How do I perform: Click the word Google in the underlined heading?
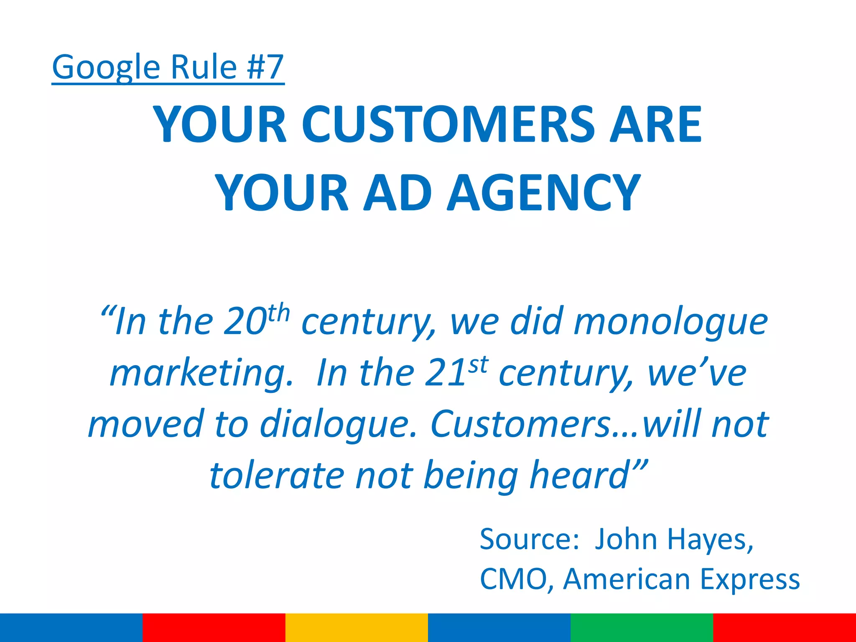(106, 68)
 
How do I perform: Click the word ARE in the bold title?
(655, 124)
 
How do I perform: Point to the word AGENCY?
(543, 193)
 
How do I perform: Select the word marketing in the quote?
(201, 373)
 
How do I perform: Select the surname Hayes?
(710, 540)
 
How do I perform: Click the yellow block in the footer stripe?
(357, 627)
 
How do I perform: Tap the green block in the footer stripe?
(642, 627)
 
